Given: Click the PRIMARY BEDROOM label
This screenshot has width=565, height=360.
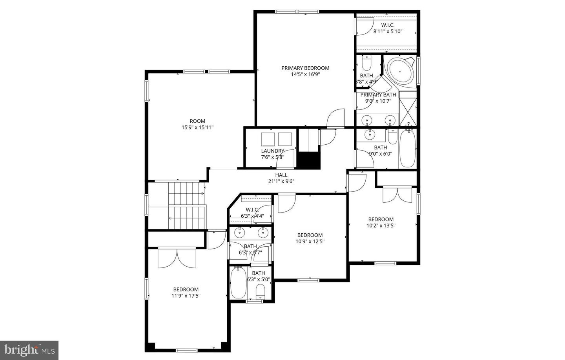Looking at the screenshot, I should (x=305, y=68).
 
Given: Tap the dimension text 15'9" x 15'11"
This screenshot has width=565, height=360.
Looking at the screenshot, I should (x=197, y=127).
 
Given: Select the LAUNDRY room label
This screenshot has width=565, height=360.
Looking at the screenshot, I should (x=273, y=151).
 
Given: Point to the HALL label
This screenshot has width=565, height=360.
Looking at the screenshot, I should (x=281, y=175).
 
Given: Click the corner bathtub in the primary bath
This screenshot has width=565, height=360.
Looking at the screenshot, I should (x=400, y=71).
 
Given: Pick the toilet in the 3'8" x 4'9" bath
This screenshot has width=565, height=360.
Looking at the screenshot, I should (x=366, y=63).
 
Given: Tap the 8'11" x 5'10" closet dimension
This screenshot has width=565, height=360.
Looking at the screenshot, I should (x=388, y=32).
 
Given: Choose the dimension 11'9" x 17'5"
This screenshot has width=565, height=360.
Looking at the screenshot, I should (x=186, y=296).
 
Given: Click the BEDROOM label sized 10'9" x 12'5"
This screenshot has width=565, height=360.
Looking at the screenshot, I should (x=310, y=235).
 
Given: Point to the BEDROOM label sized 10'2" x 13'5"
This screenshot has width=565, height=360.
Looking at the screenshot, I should (x=381, y=219).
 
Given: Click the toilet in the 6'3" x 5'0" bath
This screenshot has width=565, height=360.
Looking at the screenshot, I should (x=260, y=292).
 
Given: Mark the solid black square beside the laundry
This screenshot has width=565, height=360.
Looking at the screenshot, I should (x=308, y=160).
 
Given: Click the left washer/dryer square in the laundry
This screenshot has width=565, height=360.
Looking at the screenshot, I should (x=268, y=139).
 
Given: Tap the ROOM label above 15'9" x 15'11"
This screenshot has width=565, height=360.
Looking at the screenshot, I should (x=197, y=121).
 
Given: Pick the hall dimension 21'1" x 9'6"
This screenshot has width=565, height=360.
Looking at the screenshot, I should (x=281, y=181).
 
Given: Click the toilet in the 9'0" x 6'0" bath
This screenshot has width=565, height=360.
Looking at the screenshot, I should (x=393, y=136).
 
